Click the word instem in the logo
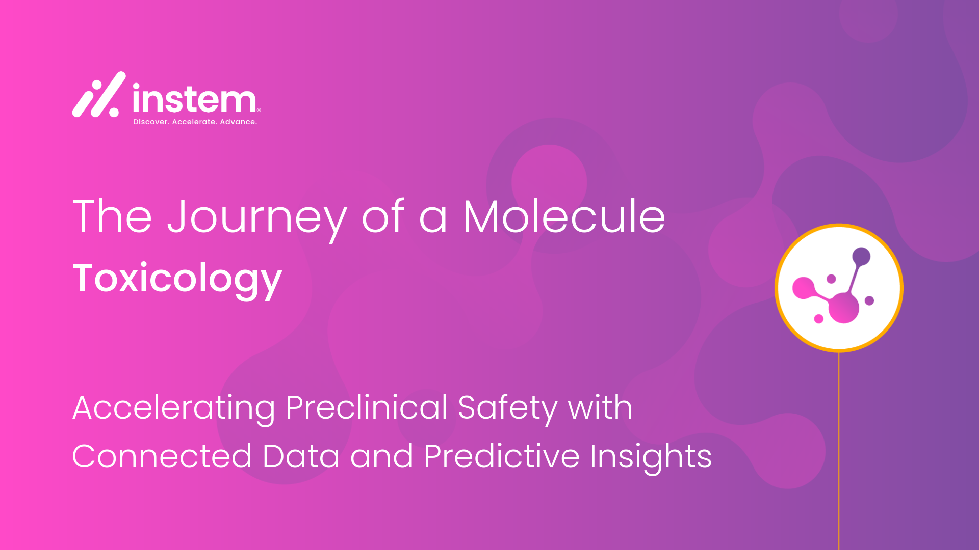point(195,98)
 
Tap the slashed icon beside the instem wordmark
point(98,94)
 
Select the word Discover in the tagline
point(150,122)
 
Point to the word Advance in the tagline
point(238,122)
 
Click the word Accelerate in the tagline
point(194,122)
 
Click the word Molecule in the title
point(564,216)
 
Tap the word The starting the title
point(112,216)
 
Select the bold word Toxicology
point(177,280)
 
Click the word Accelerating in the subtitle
point(174,409)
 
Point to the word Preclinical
point(367,407)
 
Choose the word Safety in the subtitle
point(508,409)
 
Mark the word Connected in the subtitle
point(162,456)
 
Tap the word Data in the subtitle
point(301,456)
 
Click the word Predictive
point(502,456)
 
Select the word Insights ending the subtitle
point(651,458)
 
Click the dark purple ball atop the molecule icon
point(861,256)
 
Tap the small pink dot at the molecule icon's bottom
point(819,319)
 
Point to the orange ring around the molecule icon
point(839,225)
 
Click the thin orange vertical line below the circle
point(839,451)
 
